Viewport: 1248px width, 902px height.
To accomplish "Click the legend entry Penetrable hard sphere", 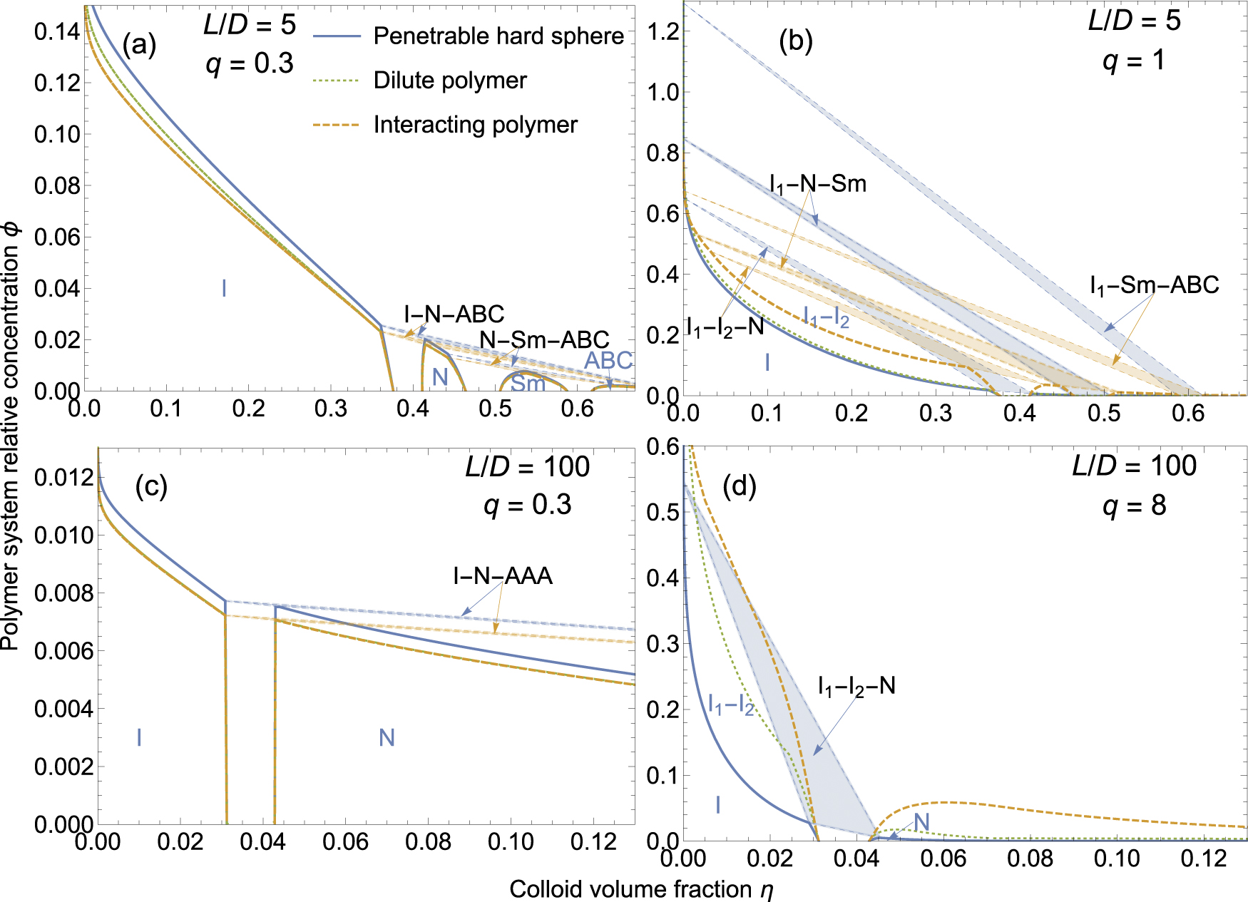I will point(498,36).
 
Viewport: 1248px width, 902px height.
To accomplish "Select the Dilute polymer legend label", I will point(450,81).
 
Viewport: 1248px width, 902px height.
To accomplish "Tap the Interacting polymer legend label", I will point(475,125).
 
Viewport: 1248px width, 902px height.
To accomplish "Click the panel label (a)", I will point(138,45).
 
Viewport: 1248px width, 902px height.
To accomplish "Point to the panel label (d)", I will point(739,486).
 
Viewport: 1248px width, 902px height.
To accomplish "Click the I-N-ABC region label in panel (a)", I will point(454,314).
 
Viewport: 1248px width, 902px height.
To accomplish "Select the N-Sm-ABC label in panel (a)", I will point(544,339).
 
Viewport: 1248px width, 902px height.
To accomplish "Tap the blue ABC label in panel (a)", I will point(608,361).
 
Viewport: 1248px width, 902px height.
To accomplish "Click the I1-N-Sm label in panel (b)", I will point(818,184).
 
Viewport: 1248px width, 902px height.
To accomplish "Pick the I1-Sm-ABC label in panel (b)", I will point(1154,285).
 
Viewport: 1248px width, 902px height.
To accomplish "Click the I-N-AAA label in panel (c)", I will point(503,575).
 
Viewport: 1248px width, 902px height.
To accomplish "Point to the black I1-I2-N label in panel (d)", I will point(856,686).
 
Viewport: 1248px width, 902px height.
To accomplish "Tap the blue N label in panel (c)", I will point(387,737).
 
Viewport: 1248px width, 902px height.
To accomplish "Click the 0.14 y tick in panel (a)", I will point(57,31).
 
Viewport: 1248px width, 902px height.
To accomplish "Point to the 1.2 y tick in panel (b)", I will point(663,31).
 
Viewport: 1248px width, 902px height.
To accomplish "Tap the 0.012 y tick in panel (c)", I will point(64,477).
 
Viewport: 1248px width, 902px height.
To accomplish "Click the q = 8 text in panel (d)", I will point(1134,506).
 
